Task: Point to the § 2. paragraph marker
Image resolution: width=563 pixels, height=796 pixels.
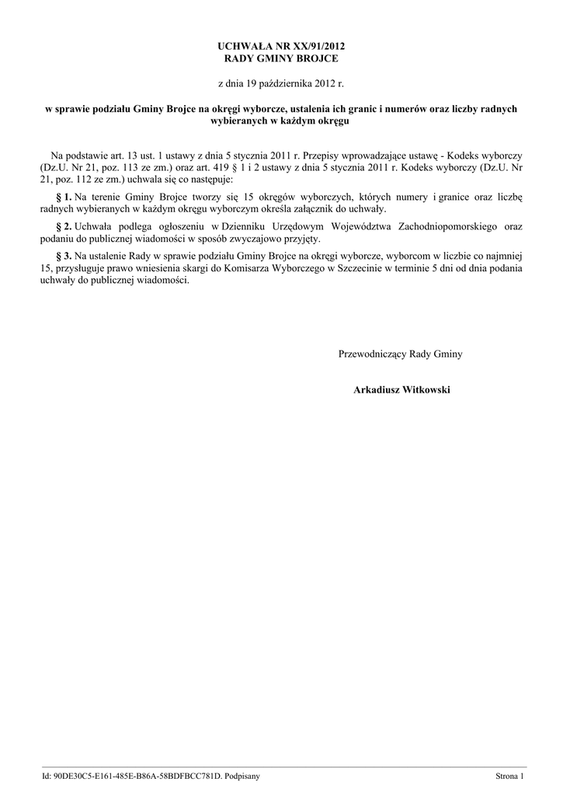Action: [x=64, y=226]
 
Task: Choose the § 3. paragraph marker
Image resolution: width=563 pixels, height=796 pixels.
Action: [x=64, y=255]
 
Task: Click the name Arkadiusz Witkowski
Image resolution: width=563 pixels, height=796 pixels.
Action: [x=401, y=389]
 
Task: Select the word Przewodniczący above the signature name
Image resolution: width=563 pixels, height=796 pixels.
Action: [x=372, y=354]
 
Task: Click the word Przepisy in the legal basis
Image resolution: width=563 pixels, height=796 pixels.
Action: [x=318, y=155]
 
